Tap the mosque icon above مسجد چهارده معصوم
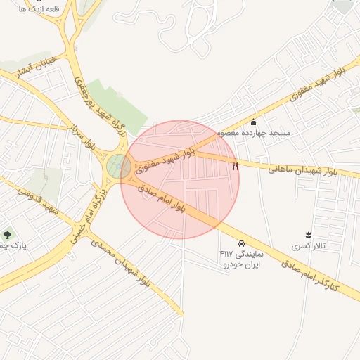[x=253, y=122]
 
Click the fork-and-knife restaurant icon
[x=235, y=166]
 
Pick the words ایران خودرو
[x=242, y=264]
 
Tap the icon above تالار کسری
[x=307, y=235]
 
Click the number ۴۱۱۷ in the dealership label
[x=227, y=253]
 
